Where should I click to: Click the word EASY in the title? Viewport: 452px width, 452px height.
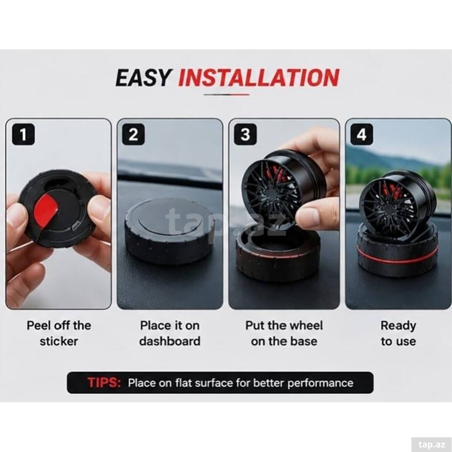click(x=143, y=78)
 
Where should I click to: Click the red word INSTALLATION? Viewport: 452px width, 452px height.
click(x=259, y=78)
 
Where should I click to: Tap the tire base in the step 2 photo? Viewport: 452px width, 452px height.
click(x=169, y=231)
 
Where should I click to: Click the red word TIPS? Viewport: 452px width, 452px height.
click(x=104, y=383)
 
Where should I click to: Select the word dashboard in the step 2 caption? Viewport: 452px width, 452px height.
click(x=170, y=341)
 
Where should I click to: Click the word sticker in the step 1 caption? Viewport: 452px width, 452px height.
click(x=59, y=341)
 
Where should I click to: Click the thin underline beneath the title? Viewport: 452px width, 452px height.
click(x=227, y=95)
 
